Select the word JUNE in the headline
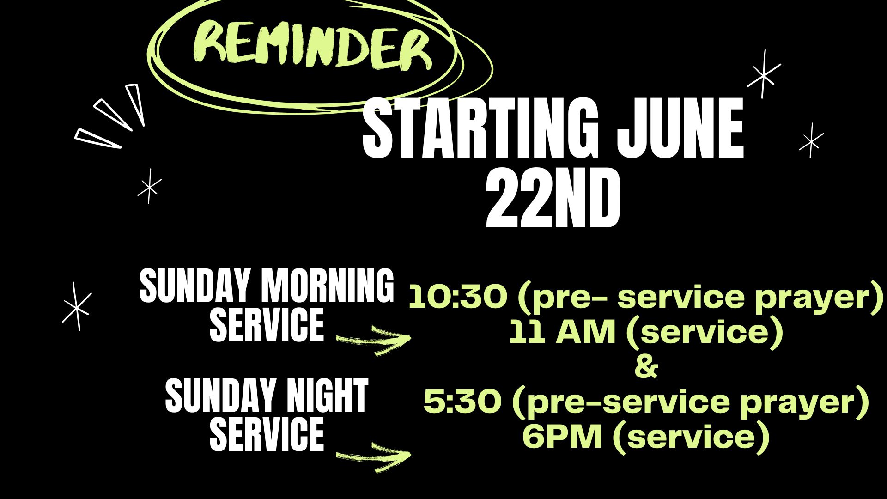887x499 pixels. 680,128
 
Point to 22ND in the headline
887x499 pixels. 553,198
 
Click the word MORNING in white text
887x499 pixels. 328,286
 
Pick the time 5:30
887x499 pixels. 462,402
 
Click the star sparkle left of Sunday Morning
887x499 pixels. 77,306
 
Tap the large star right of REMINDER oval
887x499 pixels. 764,74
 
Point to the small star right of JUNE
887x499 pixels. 812,140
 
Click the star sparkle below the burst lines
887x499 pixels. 150,186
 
